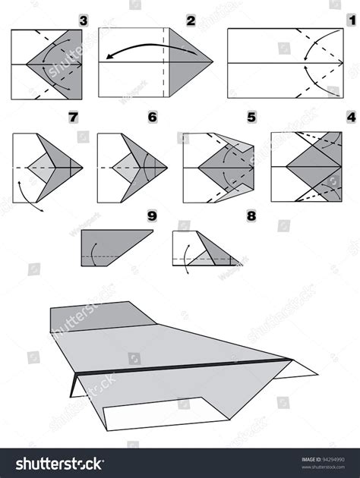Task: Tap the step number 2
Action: click(x=191, y=18)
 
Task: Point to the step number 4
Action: click(x=350, y=118)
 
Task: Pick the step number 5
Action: click(x=251, y=118)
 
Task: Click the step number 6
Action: click(x=152, y=118)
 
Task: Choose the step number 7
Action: click(x=73, y=118)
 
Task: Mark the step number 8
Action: click(x=251, y=216)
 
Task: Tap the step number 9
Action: click(x=151, y=216)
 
